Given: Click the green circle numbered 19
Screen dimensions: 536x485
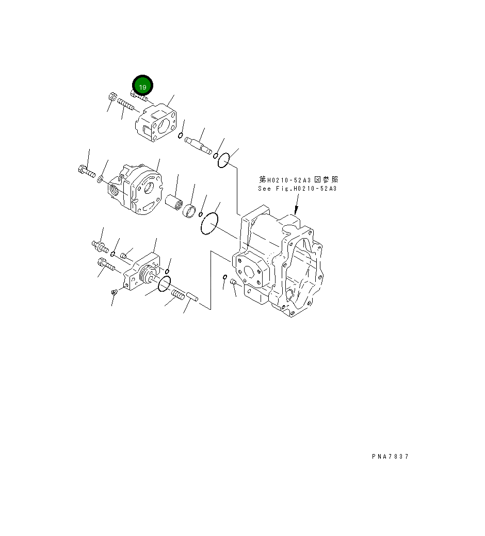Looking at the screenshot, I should (143, 87).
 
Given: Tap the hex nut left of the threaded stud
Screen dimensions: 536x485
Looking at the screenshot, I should (112, 97).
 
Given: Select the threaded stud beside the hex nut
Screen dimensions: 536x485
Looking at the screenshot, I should (126, 105).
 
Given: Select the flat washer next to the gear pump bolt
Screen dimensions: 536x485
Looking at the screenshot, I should (101, 179).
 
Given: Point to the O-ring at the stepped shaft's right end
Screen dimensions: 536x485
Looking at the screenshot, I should (223, 161).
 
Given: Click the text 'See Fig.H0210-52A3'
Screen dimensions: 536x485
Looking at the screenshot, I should (297, 189).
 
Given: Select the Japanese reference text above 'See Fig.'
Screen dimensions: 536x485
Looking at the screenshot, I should (298, 179).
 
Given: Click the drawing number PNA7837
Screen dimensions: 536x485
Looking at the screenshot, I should (390, 457).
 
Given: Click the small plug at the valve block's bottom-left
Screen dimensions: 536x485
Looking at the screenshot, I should (115, 292).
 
